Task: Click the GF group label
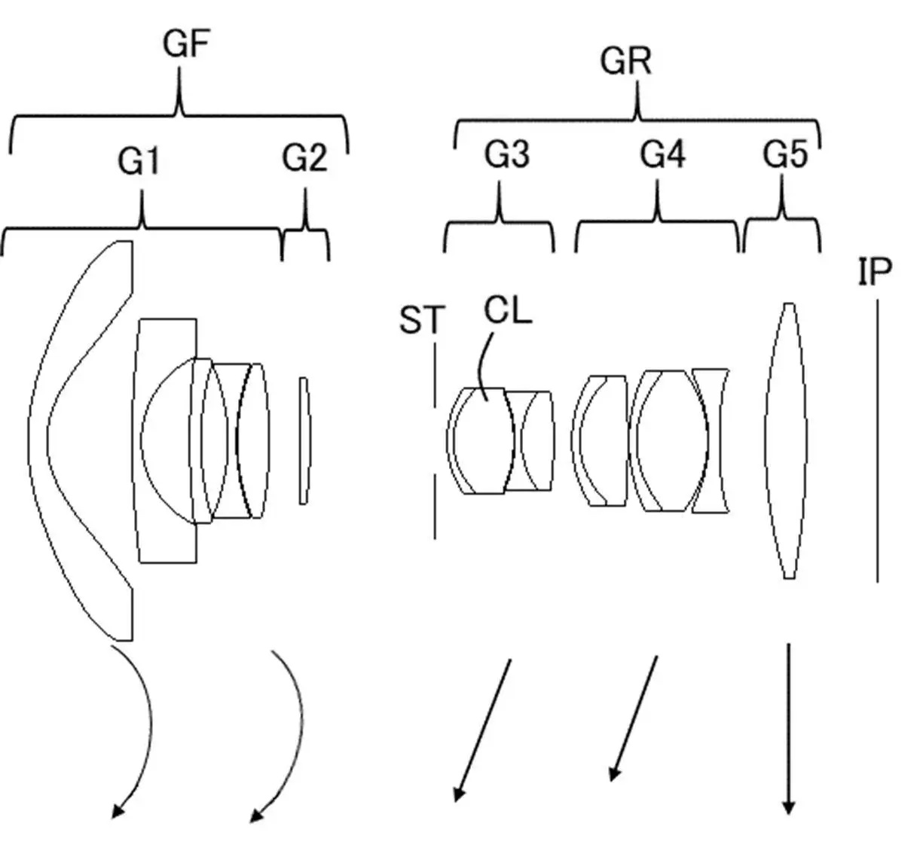(186, 44)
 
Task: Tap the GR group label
(625, 62)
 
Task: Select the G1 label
(139, 161)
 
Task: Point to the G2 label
(304, 158)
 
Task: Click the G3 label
(507, 154)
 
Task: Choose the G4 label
(663, 154)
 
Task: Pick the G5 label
(785, 154)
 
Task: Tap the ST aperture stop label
(422, 319)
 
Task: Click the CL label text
(508, 311)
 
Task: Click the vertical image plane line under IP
(878, 441)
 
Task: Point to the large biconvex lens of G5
(786, 440)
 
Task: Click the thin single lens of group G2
(304, 440)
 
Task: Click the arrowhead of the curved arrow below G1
(118, 811)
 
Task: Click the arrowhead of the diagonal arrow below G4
(615, 772)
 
